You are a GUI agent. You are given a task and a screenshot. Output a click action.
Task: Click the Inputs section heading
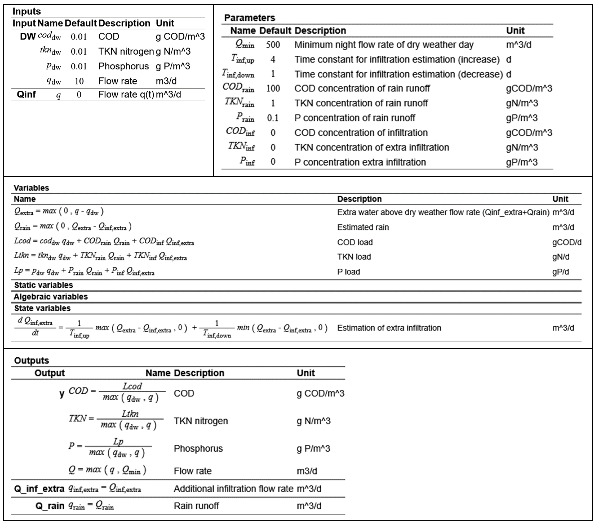tap(26, 11)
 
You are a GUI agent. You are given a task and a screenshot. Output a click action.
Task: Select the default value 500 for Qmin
tap(273, 45)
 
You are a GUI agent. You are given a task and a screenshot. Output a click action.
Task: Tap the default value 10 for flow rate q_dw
tap(79, 81)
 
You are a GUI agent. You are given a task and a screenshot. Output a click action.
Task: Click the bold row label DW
tap(27, 37)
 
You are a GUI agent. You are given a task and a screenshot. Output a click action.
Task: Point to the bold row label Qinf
tap(26, 94)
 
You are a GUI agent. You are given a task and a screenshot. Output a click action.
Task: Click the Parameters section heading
tap(249, 18)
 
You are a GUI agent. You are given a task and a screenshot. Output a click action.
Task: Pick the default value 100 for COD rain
tap(273, 88)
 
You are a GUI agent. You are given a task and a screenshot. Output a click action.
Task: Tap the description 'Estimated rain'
tap(363, 227)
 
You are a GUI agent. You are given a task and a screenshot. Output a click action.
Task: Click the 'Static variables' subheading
tap(44, 285)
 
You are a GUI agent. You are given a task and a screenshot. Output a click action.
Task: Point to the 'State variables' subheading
tap(42, 308)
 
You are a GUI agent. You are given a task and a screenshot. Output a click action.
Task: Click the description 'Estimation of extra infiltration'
tap(389, 328)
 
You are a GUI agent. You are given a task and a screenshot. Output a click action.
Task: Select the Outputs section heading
tap(32, 360)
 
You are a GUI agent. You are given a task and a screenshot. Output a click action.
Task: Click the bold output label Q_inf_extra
tap(39, 489)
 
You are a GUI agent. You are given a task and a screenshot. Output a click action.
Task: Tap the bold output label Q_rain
tap(50, 506)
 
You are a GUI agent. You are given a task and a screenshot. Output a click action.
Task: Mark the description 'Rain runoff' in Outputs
tap(196, 506)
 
